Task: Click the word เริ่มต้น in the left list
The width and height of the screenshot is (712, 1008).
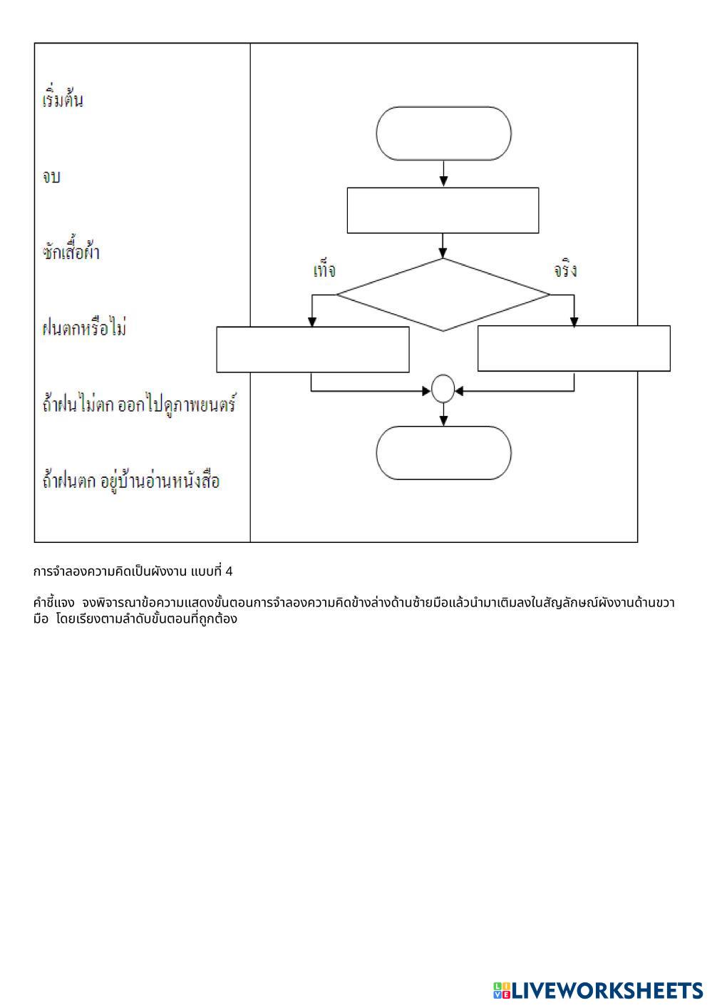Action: pyautogui.click(x=63, y=100)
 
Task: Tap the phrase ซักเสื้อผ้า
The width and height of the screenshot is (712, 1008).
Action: pyautogui.click(x=71, y=253)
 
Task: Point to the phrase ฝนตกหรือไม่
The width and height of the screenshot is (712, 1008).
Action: pyautogui.click(x=85, y=329)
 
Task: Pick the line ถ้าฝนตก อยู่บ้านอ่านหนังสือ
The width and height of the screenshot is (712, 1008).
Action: pyautogui.click(x=131, y=481)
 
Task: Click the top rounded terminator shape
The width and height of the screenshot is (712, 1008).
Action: pyautogui.click(x=443, y=133)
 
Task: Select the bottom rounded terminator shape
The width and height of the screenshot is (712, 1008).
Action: pyautogui.click(x=443, y=453)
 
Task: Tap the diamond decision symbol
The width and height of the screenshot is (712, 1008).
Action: pyautogui.click(x=443, y=295)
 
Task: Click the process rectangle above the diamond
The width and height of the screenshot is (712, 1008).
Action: pyautogui.click(x=443, y=210)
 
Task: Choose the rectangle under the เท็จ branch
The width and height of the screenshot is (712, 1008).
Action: pyautogui.click(x=313, y=350)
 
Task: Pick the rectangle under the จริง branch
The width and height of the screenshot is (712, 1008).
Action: pyautogui.click(x=574, y=349)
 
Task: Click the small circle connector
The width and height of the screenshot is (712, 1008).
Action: pyautogui.click(x=443, y=389)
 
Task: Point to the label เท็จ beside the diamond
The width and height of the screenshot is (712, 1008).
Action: pyautogui.click(x=324, y=271)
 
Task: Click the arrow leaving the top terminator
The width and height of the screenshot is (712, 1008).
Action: pyautogui.click(x=443, y=173)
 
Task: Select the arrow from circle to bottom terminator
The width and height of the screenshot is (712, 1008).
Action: pyautogui.click(x=443, y=414)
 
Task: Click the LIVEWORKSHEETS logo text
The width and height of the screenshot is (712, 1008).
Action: pyautogui.click(x=607, y=990)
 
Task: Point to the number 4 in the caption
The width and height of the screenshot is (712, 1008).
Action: pyautogui.click(x=229, y=571)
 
